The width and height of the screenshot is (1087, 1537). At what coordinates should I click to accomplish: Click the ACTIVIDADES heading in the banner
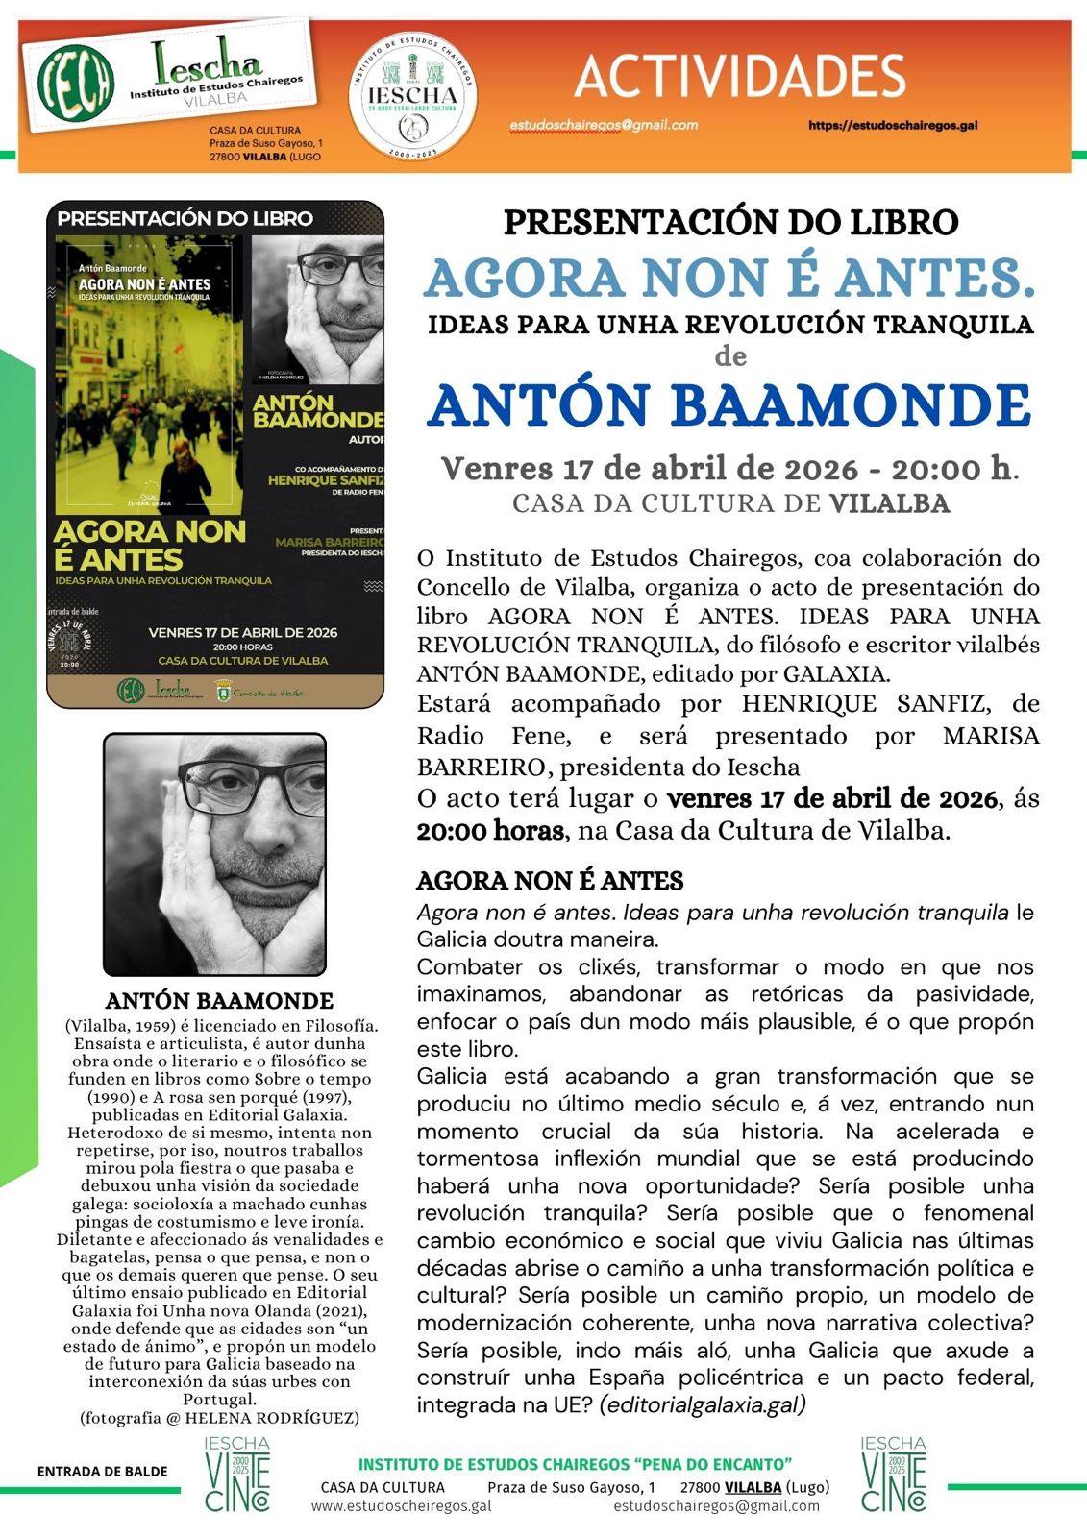click(739, 77)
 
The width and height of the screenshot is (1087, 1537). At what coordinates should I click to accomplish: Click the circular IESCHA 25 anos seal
click(412, 96)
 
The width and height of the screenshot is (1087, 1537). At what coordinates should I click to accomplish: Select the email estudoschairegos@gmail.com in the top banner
click(604, 125)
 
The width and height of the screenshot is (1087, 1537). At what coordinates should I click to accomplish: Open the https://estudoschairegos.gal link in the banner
click(893, 125)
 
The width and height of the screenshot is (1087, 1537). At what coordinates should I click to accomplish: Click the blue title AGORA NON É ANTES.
click(729, 278)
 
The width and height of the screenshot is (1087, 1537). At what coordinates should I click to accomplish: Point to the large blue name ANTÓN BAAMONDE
click(729, 405)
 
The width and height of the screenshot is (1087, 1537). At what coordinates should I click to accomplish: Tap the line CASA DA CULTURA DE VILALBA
click(730, 503)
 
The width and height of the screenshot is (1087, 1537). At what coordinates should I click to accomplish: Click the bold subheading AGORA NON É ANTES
click(550, 880)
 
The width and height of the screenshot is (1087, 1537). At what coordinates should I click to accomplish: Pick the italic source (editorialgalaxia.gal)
click(703, 1404)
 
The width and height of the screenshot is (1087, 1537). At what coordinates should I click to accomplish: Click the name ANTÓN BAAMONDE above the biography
click(219, 1000)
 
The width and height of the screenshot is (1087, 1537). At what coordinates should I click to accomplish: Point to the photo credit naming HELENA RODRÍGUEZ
click(219, 1417)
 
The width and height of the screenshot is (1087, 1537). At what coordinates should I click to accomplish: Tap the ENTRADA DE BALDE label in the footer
click(102, 1471)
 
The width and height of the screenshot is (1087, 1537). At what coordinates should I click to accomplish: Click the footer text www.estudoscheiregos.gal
click(401, 1505)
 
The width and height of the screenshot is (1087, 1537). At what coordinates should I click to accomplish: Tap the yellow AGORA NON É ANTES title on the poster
click(149, 545)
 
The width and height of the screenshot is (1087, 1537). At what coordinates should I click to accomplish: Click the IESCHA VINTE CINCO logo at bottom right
click(893, 1474)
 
